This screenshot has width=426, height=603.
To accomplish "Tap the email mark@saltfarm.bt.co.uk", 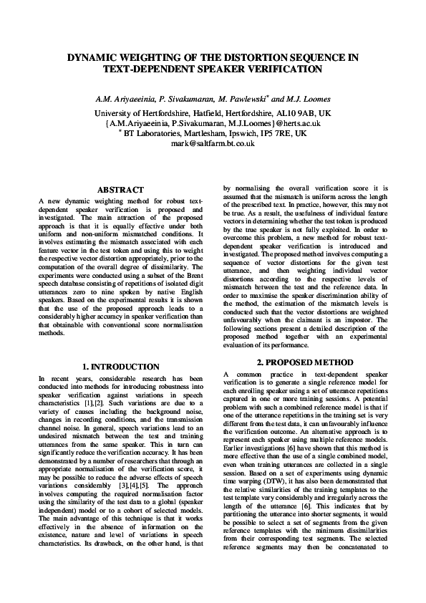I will pyautogui.click(x=213, y=143).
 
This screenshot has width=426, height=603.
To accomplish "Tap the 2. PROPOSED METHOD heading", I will pyautogui.click(x=306, y=361).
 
